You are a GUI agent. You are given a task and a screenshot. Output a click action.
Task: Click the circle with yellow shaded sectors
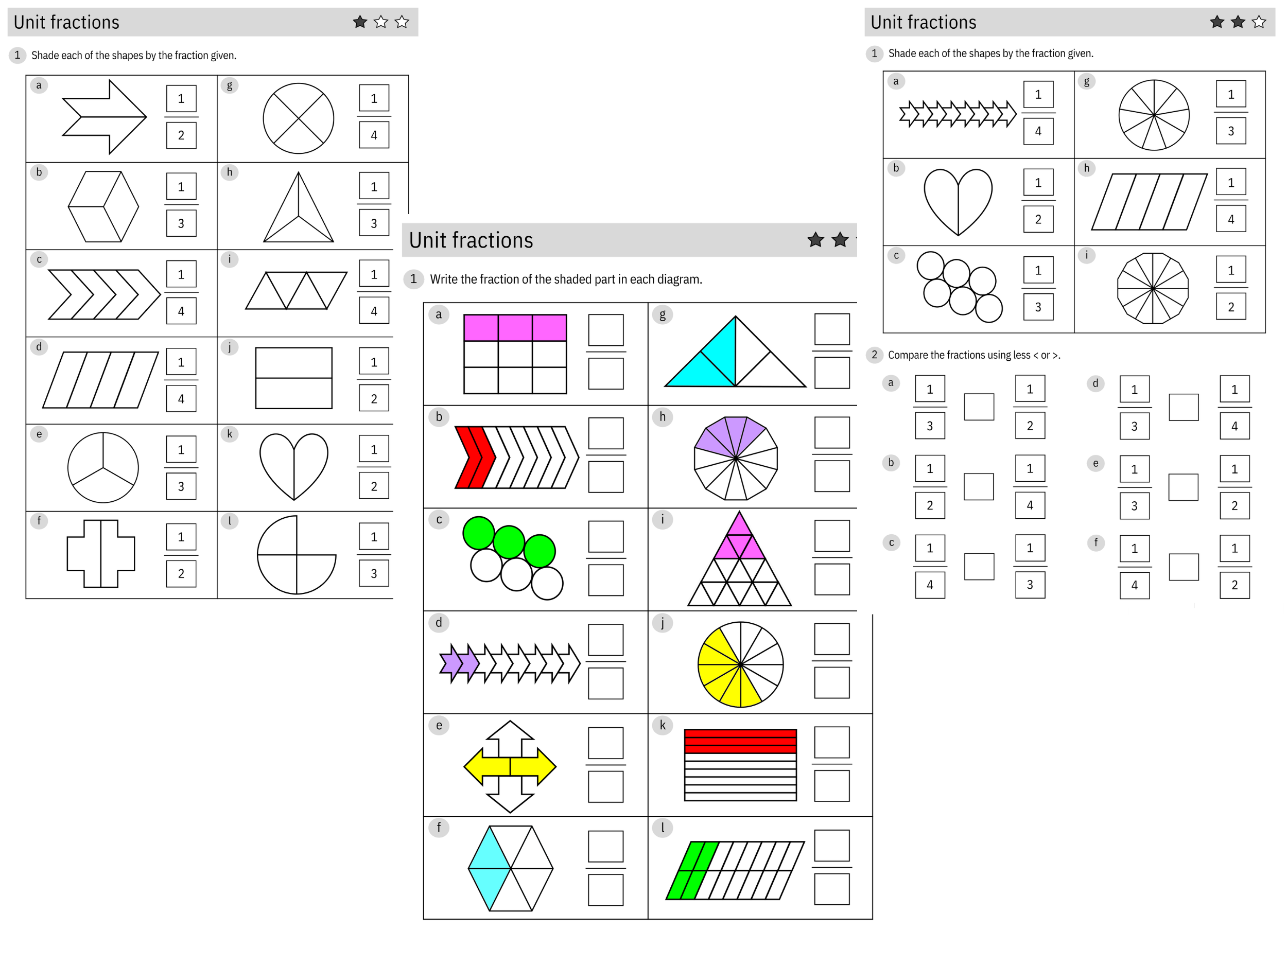point(740,664)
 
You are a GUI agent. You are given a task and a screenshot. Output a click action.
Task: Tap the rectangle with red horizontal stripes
point(740,764)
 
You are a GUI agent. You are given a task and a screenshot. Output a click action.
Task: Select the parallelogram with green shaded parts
point(735,870)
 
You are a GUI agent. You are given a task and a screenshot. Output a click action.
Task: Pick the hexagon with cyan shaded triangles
point(510,868)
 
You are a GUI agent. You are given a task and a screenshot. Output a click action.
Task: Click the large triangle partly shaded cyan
point(735,353)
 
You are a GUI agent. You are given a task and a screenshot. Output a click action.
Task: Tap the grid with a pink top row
point(515,354)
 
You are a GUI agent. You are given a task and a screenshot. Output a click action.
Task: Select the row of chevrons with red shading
point(516,457)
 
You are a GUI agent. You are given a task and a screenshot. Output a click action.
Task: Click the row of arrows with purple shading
point(510,662)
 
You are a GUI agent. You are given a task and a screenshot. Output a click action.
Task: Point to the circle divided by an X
point(299,119)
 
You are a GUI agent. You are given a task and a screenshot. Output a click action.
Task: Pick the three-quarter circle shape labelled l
point(296,555)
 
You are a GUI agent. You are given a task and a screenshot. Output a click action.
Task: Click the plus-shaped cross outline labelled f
point(101,554)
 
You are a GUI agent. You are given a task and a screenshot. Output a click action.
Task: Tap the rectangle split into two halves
point(294,378)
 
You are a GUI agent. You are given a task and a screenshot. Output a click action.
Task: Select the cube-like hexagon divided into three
point(103,206)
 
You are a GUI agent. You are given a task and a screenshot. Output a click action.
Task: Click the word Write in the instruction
point(443,279)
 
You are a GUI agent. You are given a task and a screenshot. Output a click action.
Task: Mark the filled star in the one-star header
point(360,22)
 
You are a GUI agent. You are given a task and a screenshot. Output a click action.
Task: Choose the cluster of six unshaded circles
point(959,287)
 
